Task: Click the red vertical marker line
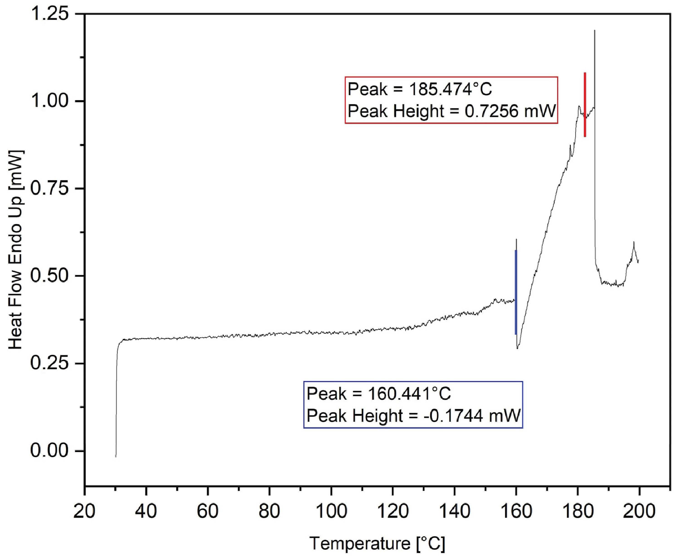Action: (585, 105)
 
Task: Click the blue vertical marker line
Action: (516, 292)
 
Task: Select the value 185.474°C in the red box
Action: (451, 89)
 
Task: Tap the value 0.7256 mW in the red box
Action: (510, 111)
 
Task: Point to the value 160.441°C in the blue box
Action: (409, 394)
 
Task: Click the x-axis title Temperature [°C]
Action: (377, 543)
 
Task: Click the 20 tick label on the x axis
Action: (84, 511)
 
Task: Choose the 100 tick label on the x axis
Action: (331, 511)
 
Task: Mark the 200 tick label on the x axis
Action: (639, 511)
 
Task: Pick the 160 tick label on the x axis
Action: (516, 511)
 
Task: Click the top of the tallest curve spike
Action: (594, 31)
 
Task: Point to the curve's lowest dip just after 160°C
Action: (518, 348)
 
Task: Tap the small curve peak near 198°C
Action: (634, 243)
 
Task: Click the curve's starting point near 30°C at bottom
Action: (116, 456)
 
